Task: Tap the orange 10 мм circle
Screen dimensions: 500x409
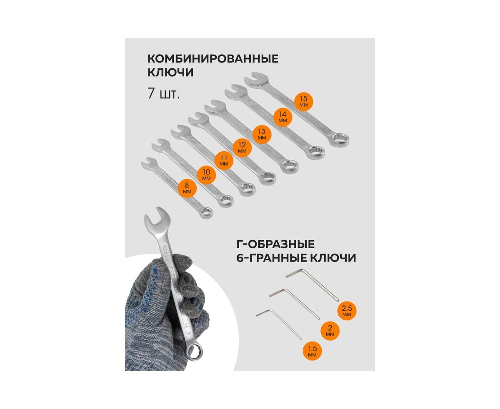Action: [x=207, y=175]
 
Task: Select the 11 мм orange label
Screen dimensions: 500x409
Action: [x=224, y=160]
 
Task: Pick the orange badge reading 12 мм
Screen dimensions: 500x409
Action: [x=242, y=147]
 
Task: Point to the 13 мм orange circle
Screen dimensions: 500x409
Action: [x=262, y=134]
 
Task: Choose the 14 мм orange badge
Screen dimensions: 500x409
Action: [x=282, y=117]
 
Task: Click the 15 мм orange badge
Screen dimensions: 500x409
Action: [x=303, y=101]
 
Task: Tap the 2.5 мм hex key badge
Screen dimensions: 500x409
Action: [x=347, y=311]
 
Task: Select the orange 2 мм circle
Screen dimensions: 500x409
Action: [x=330, y=331]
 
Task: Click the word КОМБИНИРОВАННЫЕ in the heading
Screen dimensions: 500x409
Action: [x=213, y=59]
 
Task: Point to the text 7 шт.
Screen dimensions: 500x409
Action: [x=164, y=94]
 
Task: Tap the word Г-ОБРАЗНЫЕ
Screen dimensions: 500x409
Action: [x=275, y=244]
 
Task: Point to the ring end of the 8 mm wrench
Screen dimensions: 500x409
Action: [x=205, y=213]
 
